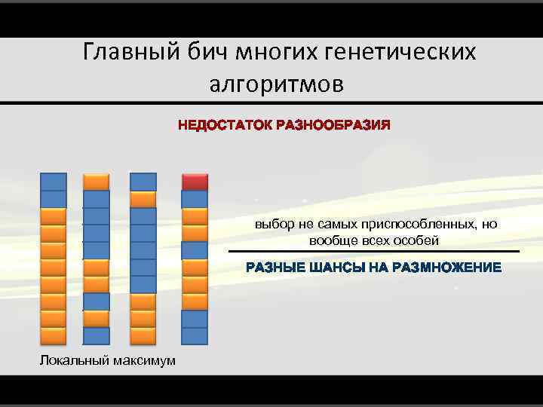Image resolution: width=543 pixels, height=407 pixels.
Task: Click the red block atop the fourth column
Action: click(x=195, y=182)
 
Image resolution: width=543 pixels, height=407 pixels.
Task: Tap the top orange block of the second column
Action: click(x=96, y=182)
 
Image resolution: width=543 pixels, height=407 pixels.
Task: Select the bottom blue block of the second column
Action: click(x=96, y=335)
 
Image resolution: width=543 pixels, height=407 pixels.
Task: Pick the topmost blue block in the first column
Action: click(x=53, y=182)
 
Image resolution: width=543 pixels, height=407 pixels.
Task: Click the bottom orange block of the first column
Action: click(x=53, y=335)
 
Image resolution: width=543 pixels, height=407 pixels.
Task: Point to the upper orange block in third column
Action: click(x=143, y=199)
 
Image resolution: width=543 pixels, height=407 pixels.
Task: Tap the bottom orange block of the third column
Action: click(x=143, y=335)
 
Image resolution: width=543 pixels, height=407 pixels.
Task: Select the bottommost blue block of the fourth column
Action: click(x=195, y=335)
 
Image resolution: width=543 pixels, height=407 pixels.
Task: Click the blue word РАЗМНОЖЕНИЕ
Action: click(x=441, y=268)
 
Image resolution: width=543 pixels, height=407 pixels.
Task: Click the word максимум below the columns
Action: click(x=143, y=360)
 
